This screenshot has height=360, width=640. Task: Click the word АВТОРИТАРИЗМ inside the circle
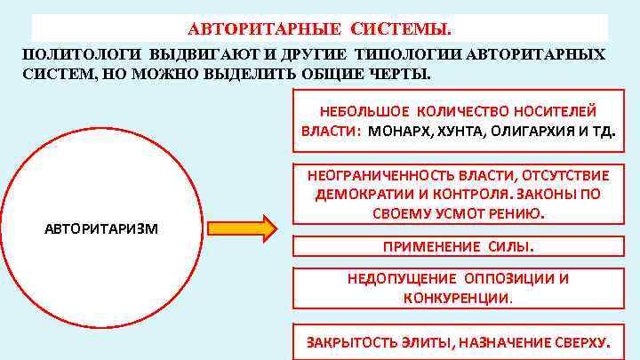101,228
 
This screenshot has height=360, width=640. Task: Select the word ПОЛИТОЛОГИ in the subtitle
76,53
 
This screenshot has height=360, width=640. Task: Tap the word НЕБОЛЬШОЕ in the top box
360,110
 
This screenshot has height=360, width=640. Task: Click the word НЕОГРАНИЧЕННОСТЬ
386,173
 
